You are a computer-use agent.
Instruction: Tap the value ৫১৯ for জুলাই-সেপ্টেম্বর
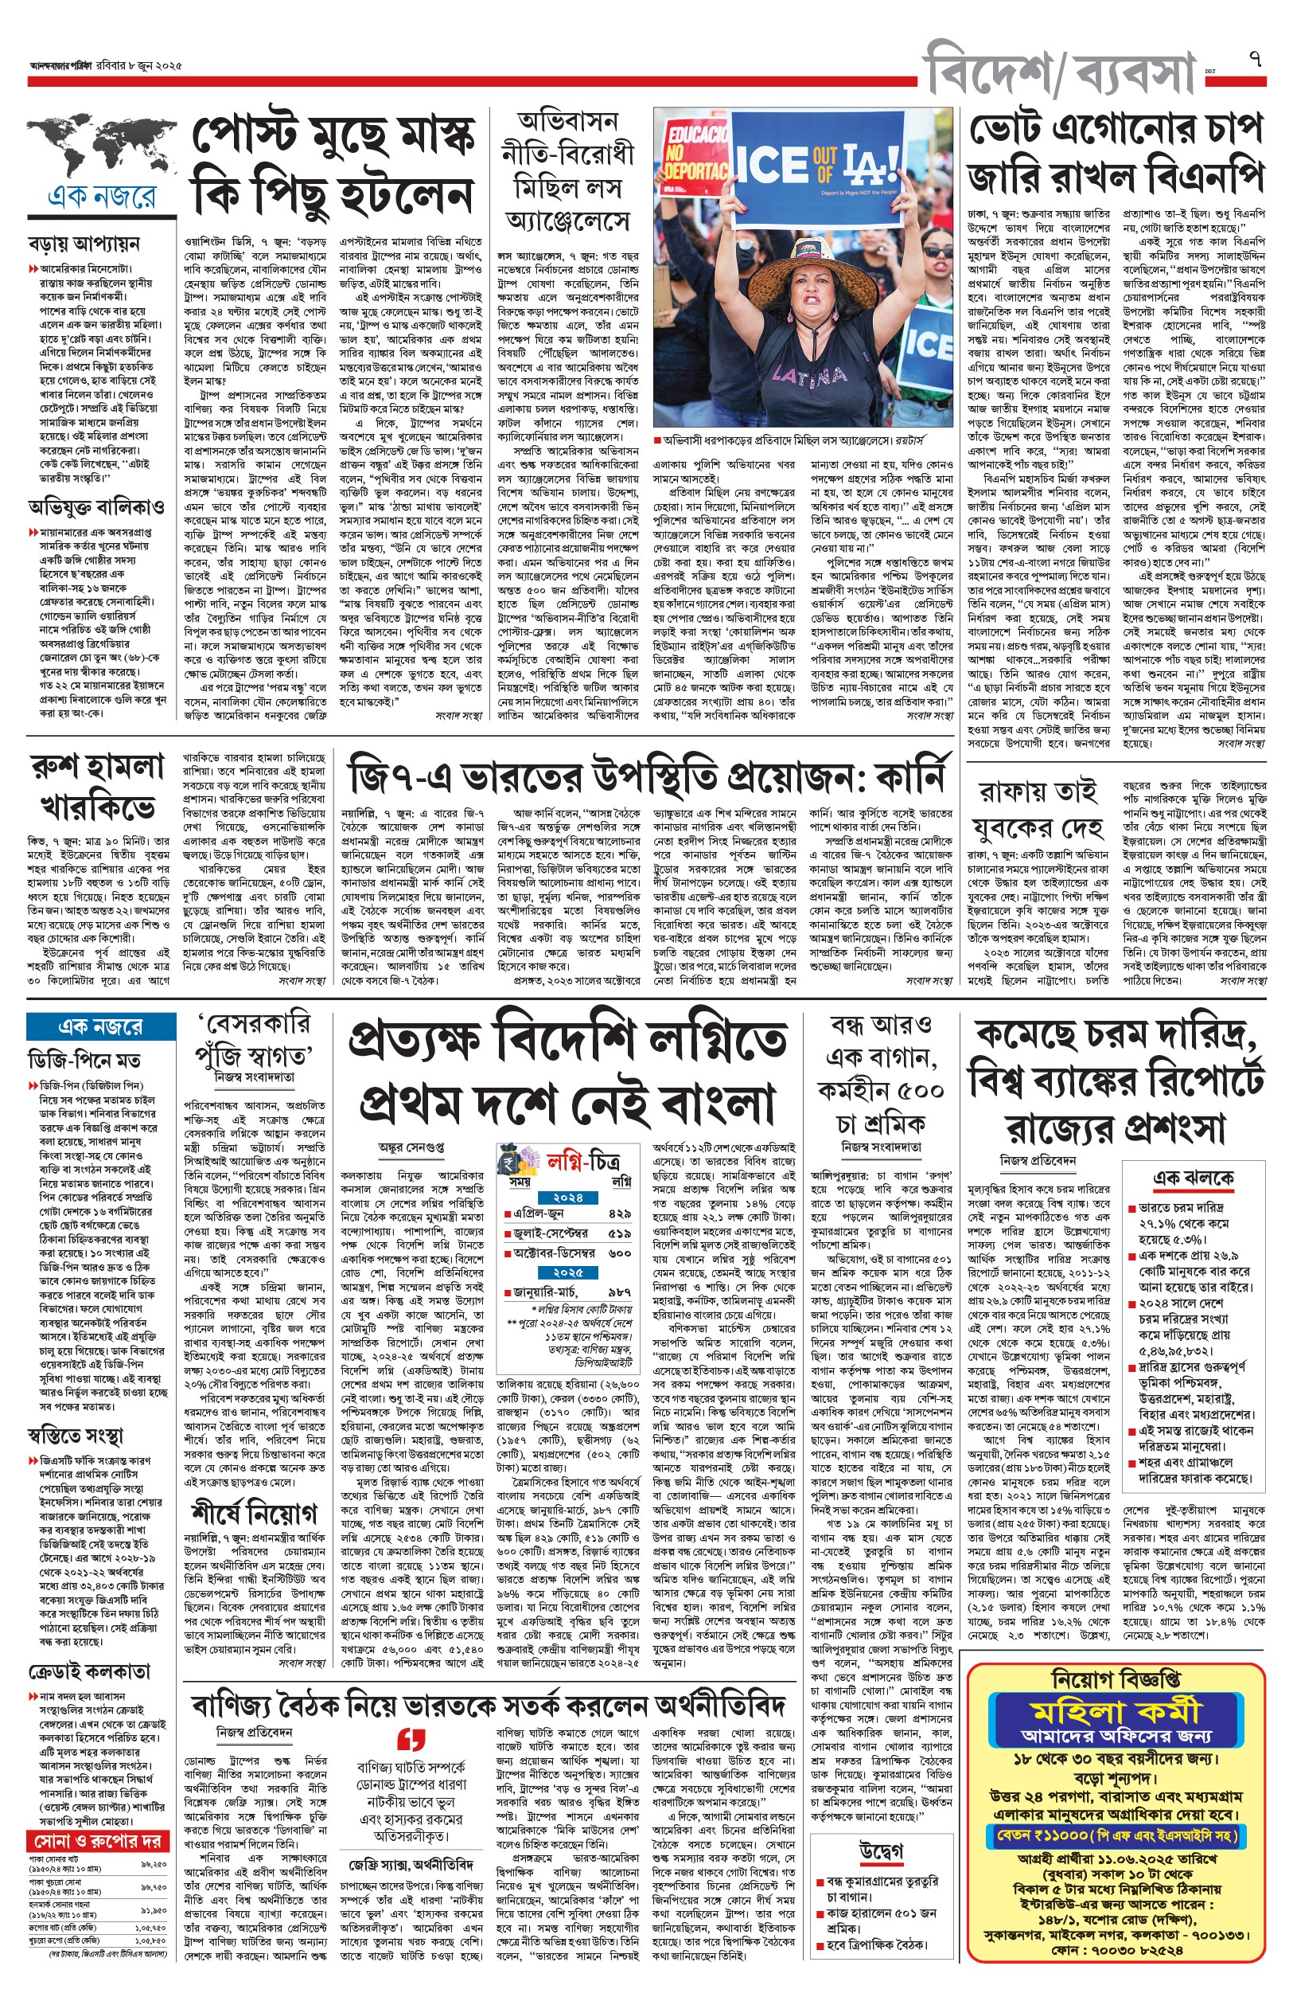point(620,1233)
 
